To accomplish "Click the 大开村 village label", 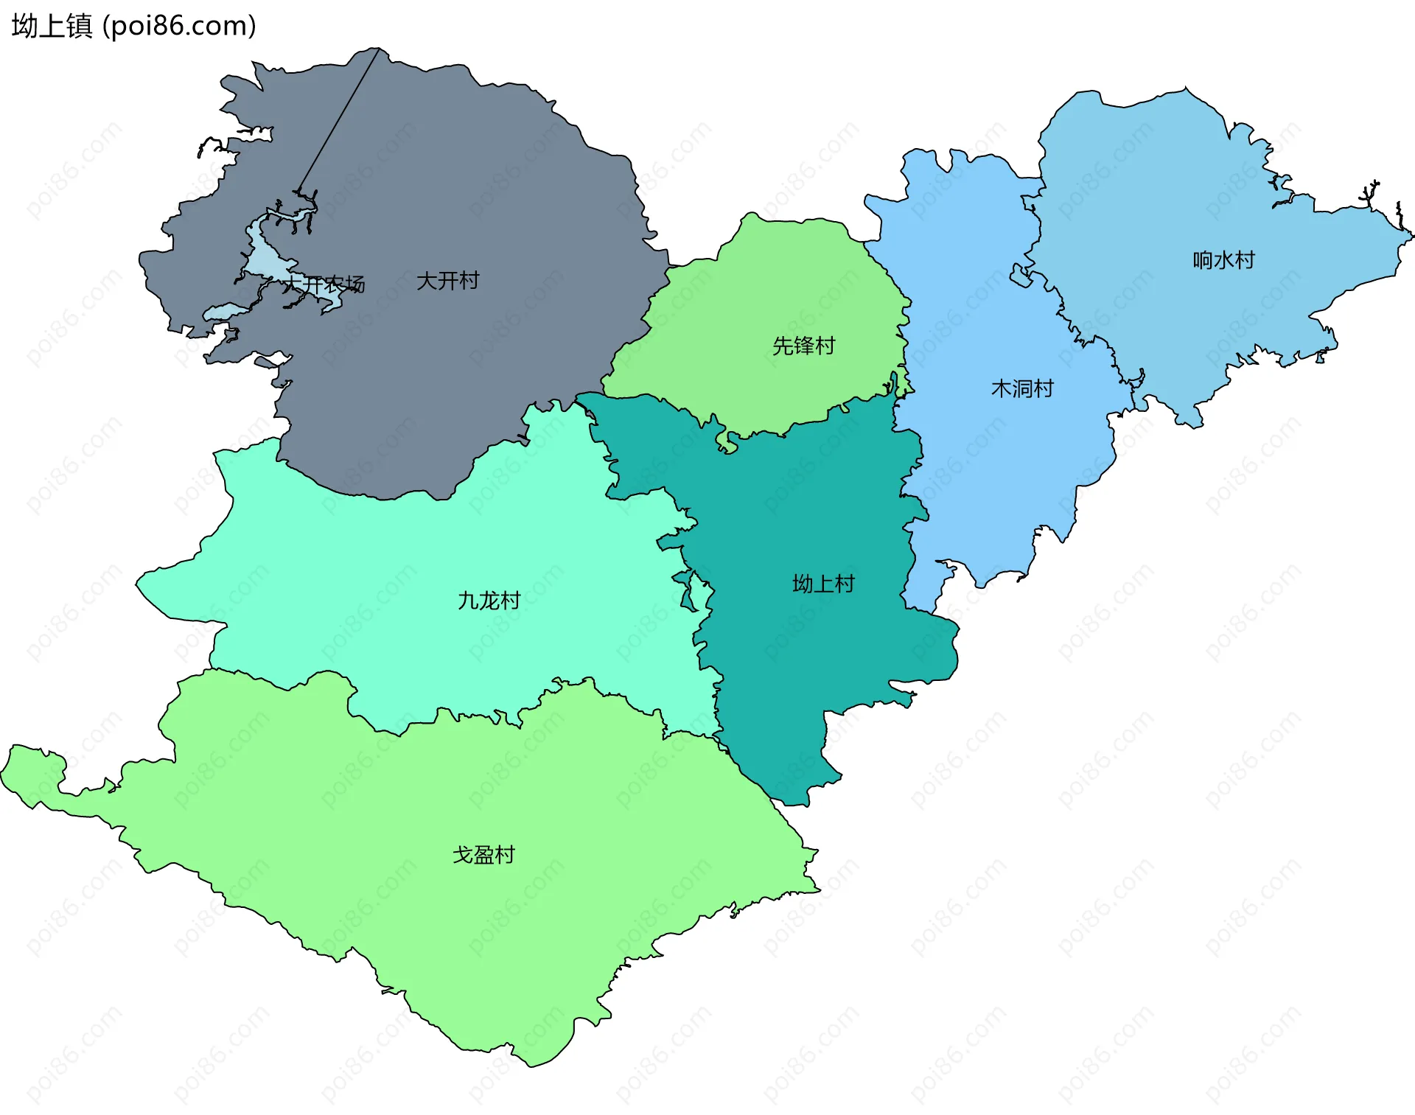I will pyautogui.click(x=447, y=281).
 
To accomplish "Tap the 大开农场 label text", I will pyautogui.click(x=325, y=284).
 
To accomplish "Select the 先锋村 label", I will pyautogui.click(x=803, y=346).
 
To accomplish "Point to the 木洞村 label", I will pyautogui.click(x=1022, y=388).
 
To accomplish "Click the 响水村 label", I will pyautogui.click(x=1223, y=260).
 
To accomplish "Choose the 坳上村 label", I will pyautogui.click(x=823, y=584).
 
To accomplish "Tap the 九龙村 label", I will pyautogui.click(x=489, y=601).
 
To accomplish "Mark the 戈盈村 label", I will pyautogui.click(x=483, y=855).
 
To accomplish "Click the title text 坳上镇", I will pyautogui.click(x=52, y=27).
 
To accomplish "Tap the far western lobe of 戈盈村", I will pyautogui.click(x=29, y=774).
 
